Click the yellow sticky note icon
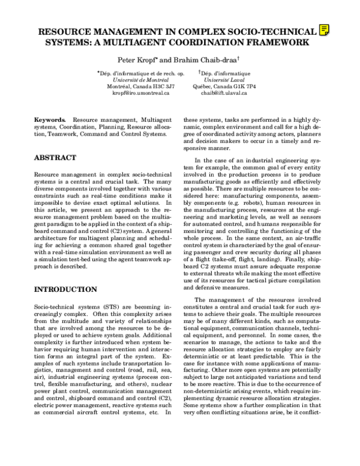click(325, 30)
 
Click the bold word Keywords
click(50, 121)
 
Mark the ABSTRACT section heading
click(55, 158)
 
